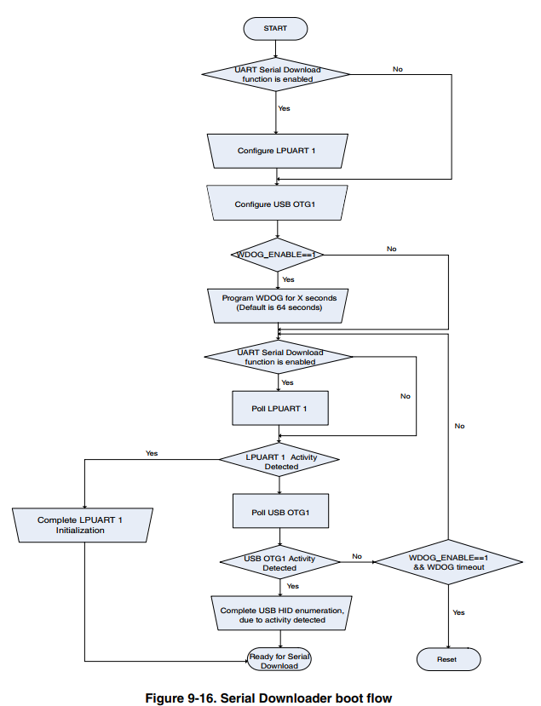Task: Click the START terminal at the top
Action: point(275,28)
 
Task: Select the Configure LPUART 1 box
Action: point(278,151)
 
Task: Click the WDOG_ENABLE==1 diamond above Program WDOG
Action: point(278,255)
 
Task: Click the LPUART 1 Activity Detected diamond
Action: point(280,461)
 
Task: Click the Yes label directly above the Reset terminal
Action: point(458,611)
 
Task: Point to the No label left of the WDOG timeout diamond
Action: point(356,554)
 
